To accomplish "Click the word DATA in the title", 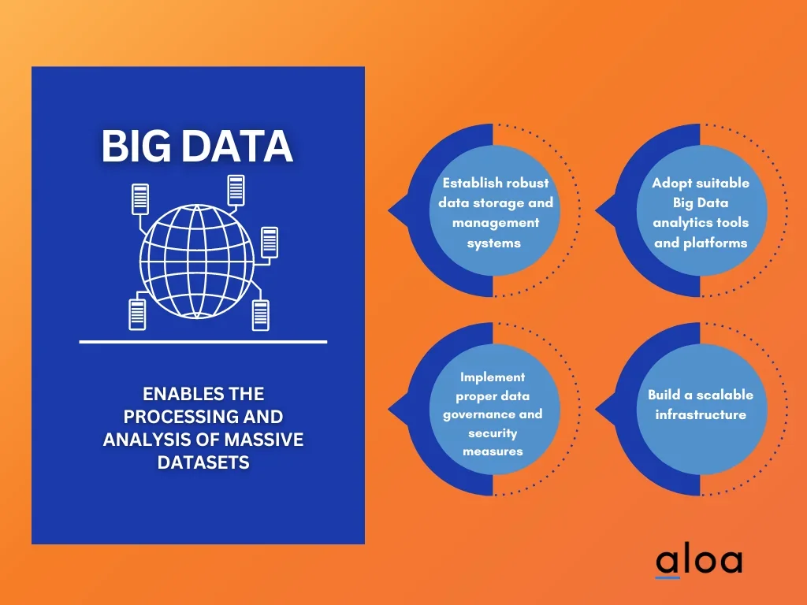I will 236,147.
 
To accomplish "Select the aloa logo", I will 699,561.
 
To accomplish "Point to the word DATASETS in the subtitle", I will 203,462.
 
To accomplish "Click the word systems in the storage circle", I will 494,243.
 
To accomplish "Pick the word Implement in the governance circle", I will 493,377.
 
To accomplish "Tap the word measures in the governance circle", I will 493,451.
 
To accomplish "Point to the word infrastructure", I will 701,414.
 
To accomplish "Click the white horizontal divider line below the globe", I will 203,342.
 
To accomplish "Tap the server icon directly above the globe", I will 236,189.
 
